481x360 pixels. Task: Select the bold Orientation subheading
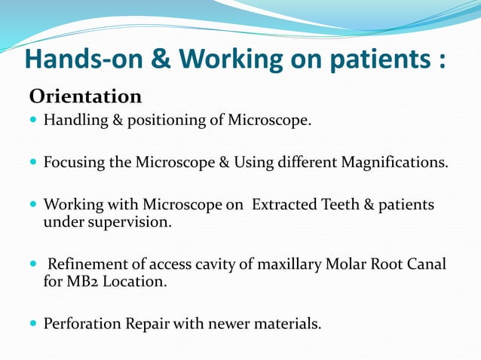(85, 97)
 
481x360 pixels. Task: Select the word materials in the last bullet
(290, 325)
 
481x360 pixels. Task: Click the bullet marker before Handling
(32, 121)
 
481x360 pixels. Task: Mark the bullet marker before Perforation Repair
(32, 325)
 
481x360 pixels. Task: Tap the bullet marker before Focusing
(32, 163)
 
